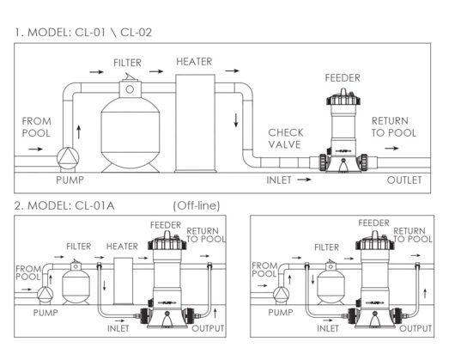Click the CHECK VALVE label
pyautogui.click(x=286, y=138)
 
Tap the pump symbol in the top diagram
pyautogui.click(x=68, y=158)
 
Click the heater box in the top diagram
pyautogui.click(x=195, y=123)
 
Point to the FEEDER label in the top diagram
pyautogui.click(x=343, y=78)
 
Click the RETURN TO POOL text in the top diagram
pyautogui.click(x=394, y=127)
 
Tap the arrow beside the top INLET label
pyautogui.click(x=304, y=180)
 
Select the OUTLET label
pyautogui.click(x=404, y=180)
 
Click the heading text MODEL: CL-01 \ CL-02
pyautogui.click(x=89, y=33)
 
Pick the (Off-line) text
pyautogui.click(x=197, y=205)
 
